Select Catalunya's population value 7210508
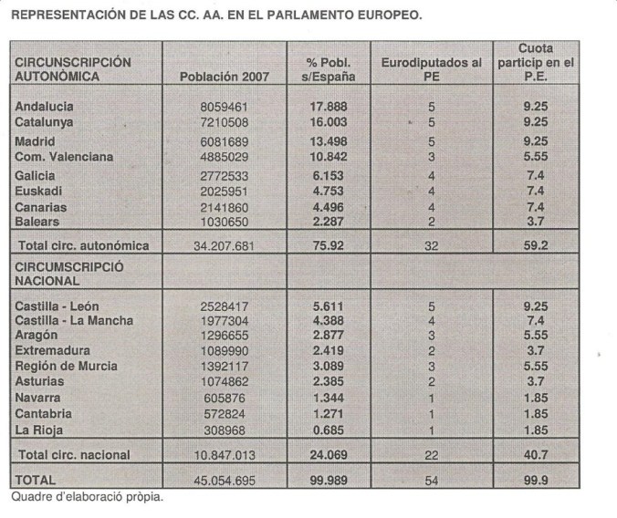coord(225,121)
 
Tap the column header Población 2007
coord(225,77)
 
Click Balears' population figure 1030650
coord(225,221)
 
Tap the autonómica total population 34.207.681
coord(225,244)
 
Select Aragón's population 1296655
coord(225,335)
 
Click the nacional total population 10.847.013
coord(225,454)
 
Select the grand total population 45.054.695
coord(225,480)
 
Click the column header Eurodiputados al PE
coord(432,69)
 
